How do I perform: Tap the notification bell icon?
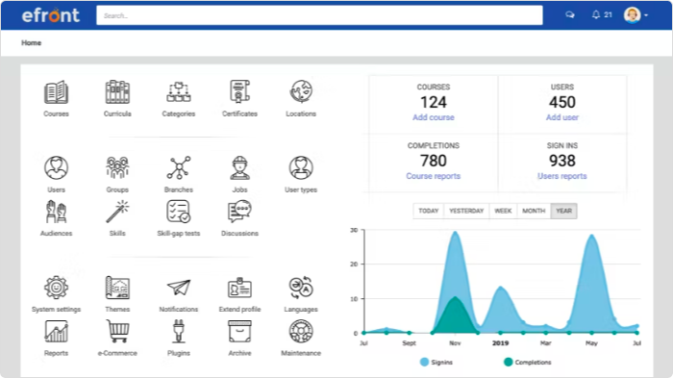(596, 15)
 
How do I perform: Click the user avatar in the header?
(632, 15)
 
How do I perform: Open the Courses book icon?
(56, 92)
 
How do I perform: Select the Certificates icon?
(239, 92)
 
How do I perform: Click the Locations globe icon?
(301, 92)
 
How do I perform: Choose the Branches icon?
(179, 168)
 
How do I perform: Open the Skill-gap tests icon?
(179, 212)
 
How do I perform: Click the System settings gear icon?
(56, 288)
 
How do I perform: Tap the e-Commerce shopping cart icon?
(117, 331)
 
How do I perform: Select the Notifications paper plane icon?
(179, 288)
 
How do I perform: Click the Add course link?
(433, 117)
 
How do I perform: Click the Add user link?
(562, 117)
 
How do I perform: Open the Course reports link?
(433, 176)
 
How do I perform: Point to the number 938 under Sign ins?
(562, 161)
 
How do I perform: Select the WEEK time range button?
(503, 211)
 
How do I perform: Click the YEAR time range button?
(563, 211)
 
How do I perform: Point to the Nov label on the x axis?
(456, 341)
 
